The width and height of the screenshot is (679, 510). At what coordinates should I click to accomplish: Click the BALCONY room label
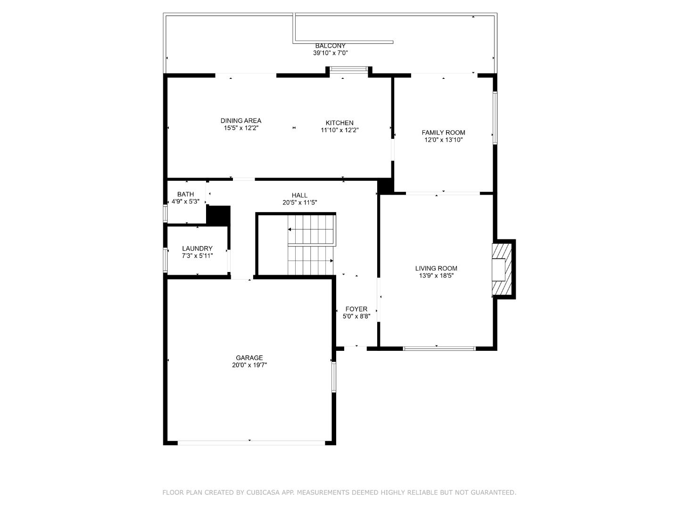point(331,46)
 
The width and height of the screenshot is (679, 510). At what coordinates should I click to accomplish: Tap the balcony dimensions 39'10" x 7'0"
point(331,53)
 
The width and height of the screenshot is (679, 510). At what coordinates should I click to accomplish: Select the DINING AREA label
point(241,121)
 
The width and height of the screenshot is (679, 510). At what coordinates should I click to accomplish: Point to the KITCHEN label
point(339,123)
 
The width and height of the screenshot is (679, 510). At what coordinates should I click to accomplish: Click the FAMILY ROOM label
point(443,133)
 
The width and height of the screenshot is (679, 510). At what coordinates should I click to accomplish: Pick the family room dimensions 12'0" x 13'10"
point(443,140)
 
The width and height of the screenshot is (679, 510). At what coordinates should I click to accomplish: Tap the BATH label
point(186,194)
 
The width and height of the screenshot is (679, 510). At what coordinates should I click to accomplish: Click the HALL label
point(299,195)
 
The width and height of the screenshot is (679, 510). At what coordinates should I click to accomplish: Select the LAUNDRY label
point(198,248)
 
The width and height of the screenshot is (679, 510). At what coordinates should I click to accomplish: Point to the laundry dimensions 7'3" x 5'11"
point(198,256)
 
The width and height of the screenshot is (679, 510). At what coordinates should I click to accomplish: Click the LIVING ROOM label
point(436,269)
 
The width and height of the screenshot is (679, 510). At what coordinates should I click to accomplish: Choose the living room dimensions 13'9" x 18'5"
point(436,276)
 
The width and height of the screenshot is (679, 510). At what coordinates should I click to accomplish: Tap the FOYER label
point(356,309)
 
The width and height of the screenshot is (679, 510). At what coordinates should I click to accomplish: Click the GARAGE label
point(249,357)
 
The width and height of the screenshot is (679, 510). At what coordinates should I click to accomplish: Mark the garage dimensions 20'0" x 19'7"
point(249,365)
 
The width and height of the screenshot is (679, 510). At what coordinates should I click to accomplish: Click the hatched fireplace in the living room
point(502,269)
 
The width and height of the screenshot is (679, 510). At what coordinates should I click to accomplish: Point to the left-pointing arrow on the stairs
point(311,229)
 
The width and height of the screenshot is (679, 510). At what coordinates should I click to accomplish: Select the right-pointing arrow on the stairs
point(311,261)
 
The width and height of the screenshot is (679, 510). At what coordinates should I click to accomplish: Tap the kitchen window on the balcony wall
point(348,69)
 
